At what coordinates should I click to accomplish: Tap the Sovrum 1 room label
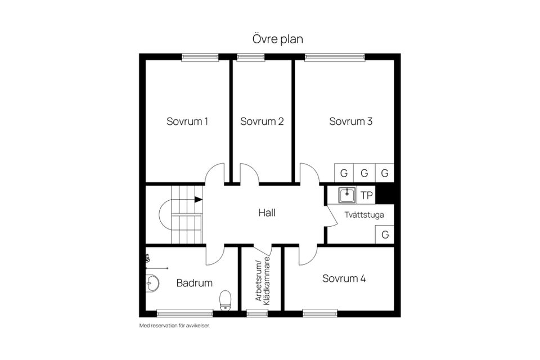[x=187, y=121]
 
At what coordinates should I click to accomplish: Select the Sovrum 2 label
[x=262, y=121]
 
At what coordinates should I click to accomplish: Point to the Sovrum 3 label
[x=351, y=121]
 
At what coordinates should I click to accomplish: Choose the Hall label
[x=267, y=213]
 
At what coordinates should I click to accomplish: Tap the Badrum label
[x=195, y=283]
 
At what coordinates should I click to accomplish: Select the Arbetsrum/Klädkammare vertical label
[x=263, y=281]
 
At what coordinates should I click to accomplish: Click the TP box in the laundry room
[x=367, y=196]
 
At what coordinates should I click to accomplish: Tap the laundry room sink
[x=347, y=195]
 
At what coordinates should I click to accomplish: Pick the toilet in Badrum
[x=226, y=299]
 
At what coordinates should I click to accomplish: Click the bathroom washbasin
[x=152, y=283]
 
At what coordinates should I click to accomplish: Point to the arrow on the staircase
[x=197, y=199]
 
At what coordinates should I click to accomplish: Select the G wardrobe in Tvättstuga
[x=385, y=235]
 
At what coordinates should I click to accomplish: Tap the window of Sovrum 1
[x=200, y=57]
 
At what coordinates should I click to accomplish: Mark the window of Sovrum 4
[x=320, y=312]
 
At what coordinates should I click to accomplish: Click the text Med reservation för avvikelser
[x=174, y=326]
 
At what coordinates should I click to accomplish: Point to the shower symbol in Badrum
[x=148, y=259]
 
